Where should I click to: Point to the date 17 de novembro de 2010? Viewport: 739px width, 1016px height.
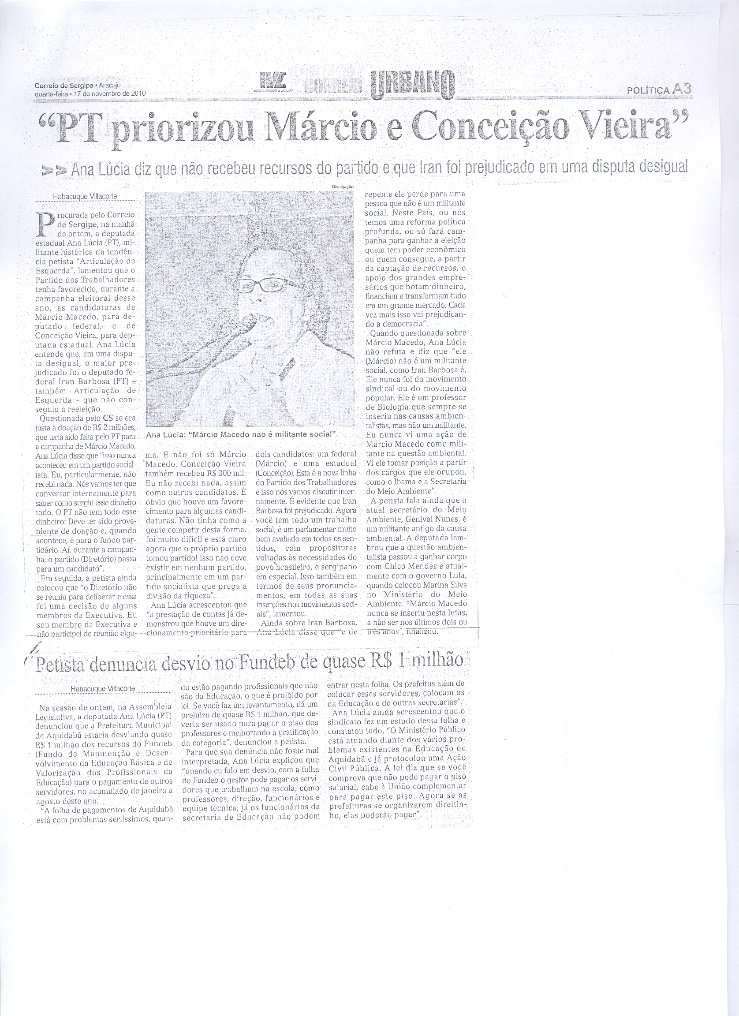(110, 93)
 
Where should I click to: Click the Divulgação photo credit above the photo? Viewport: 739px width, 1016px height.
(343, 186)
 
